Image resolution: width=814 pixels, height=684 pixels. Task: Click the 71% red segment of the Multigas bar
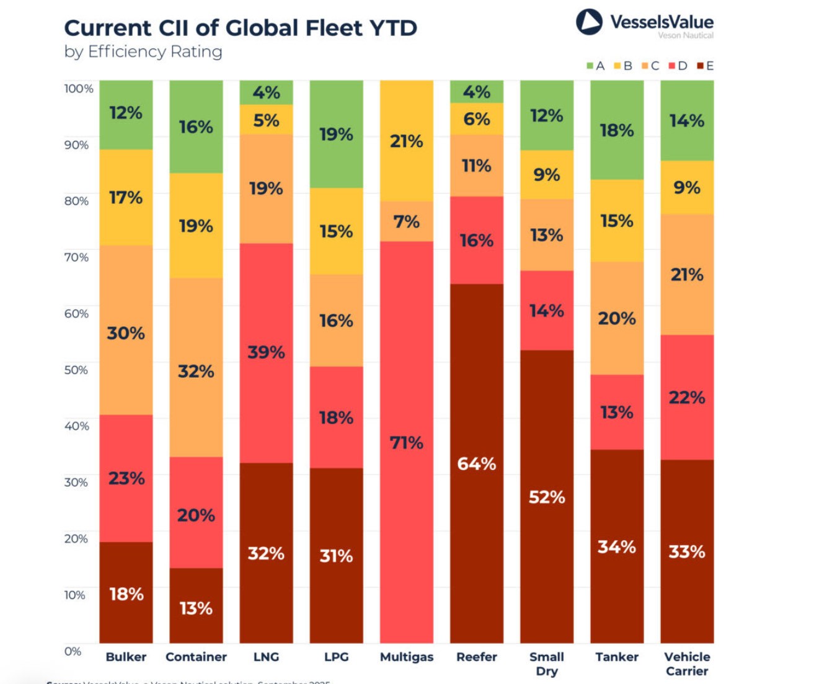click(x=406, y=442)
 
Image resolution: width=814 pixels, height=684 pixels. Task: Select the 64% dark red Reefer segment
click(x=476, y=463)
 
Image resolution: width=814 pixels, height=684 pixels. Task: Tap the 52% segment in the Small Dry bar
click(x=546, y=496)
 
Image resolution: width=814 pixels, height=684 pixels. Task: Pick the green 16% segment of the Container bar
click(x=196, y=127)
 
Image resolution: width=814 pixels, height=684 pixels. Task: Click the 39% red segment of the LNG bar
click(x=266, y=352)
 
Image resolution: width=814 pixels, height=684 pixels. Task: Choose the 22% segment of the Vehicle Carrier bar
click(x=686, y=397)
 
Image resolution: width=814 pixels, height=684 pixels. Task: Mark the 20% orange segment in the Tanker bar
click(x=616, y=318)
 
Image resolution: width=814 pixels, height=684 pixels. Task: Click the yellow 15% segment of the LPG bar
click(x=336, y=231)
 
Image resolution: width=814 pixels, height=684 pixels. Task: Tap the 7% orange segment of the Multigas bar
click(x=406, y=221)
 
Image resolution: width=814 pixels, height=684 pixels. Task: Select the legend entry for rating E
click(x=706, y=66)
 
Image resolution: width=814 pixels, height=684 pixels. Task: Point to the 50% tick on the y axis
click(x=76, y=370)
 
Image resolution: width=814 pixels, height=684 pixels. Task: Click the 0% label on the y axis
click(x=73, y=651)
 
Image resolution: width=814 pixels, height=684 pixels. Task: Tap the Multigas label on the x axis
click(x=406, y=657)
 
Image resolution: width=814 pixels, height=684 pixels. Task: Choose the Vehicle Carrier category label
click(x=686, y=664)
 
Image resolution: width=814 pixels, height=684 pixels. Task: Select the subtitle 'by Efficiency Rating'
click(x=143, y=51)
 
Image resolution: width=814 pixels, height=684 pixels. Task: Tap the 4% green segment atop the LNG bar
click(x=266, y=92)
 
